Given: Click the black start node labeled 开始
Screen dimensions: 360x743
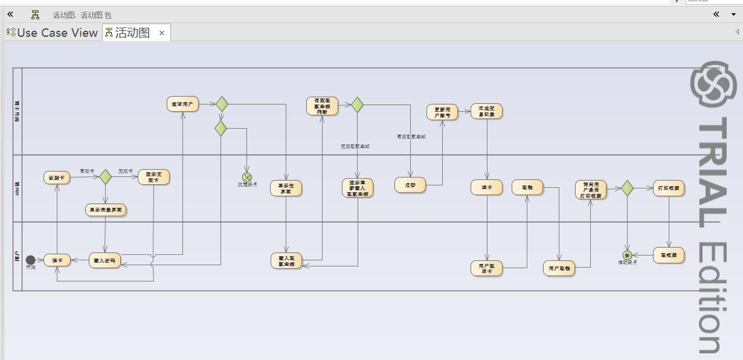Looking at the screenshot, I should pos(30,260).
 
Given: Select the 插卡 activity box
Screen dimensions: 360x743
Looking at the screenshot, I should pos(57,260).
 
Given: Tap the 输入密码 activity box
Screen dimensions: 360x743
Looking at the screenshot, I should pos(105,260).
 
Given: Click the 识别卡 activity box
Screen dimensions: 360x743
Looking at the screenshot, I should pos(57,177).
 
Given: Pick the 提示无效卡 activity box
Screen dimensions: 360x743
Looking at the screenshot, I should pos(153,177).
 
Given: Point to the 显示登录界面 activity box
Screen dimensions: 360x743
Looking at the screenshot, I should pos(106,210).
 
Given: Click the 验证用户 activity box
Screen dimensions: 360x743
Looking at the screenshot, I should pos(182,104).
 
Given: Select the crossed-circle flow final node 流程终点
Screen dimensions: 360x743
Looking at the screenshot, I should pos(246,177).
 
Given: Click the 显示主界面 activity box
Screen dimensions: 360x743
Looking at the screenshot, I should pos(286,188).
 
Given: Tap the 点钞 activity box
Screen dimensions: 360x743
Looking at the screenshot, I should pos(410,185).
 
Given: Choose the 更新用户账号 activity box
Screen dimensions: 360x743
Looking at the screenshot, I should pos(442,112).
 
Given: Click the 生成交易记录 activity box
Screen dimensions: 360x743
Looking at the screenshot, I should pos(486,111).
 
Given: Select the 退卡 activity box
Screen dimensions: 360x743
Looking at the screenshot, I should pos(486,187).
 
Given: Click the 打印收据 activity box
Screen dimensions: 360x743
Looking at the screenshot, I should pos(669,188).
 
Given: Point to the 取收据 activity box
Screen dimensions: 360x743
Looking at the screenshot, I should pos(669,256).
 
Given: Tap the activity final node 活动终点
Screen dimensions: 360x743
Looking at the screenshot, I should pos(627,255).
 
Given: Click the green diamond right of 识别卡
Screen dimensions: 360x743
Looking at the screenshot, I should pos(106,176).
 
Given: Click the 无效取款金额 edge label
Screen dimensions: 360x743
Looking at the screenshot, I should pos(355,146).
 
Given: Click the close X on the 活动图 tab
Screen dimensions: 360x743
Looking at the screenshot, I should pos(162,33).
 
